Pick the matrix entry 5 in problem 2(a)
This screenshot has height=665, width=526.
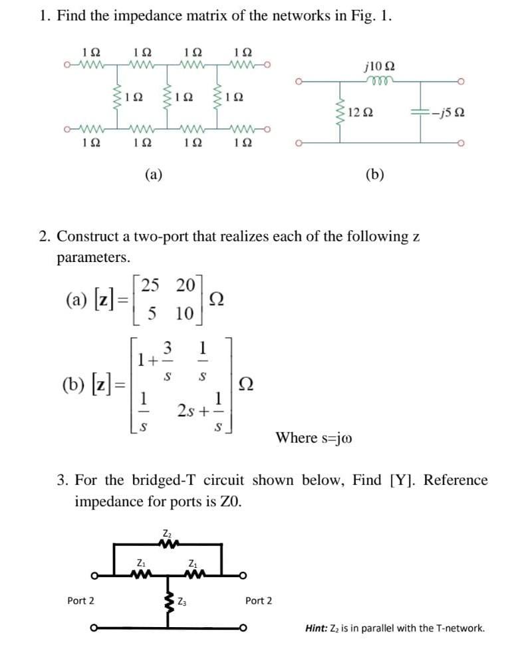(x=152, y=313)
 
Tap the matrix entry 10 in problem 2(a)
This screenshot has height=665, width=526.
(x=185, y=313)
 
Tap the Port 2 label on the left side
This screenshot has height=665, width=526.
(x=80, y=600)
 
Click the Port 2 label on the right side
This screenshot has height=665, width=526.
(x=259, y=600)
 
